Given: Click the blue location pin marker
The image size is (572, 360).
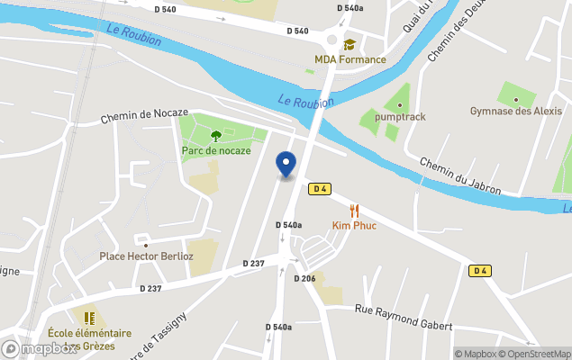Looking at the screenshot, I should point(286,165).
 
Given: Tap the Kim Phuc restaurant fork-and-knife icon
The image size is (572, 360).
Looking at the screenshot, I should point(355,211).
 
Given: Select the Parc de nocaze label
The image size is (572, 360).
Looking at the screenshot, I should point(216,150).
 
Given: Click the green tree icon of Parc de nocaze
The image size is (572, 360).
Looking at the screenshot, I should point(216,136).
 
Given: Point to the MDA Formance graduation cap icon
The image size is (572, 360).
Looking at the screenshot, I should point(349,45).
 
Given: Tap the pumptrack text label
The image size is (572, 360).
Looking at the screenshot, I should point(401,117).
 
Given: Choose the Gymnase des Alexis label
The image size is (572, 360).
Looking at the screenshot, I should point(516,112).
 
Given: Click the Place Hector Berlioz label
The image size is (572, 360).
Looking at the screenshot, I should point(146,256).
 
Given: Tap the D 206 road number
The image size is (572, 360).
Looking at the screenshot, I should point(304,278).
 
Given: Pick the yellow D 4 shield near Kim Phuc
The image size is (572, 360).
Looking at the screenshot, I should point(319,189).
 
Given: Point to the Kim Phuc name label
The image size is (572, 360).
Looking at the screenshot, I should point(354,226).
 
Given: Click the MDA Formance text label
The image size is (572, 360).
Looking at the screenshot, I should point(350,60).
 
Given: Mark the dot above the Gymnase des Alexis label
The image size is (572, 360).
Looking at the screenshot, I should point(516,98).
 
